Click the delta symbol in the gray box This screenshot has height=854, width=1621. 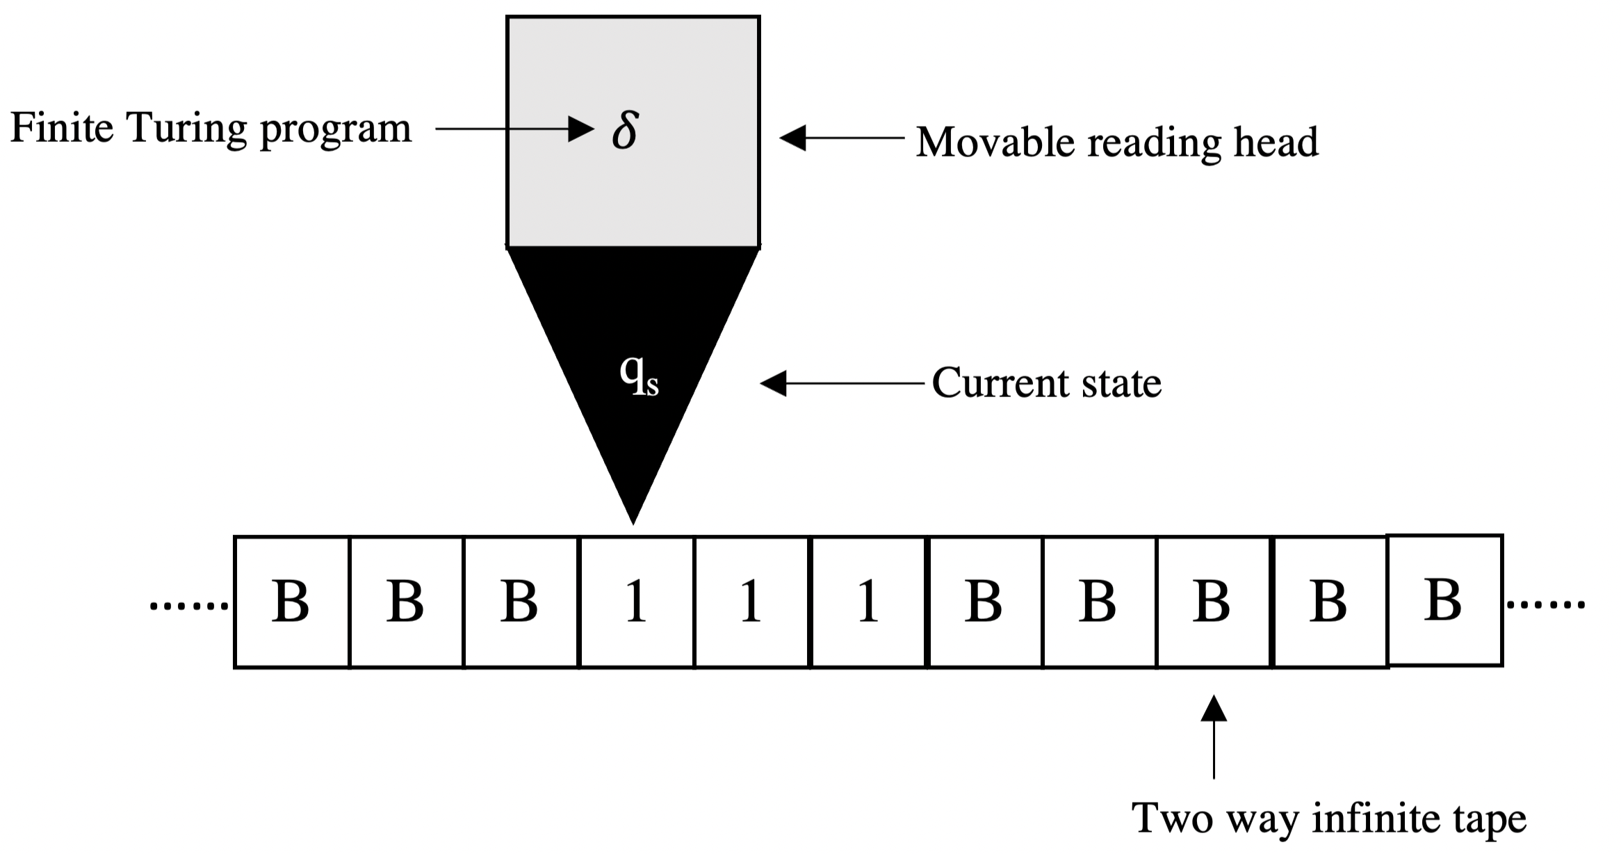(624, 130)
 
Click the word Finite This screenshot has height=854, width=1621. (61, 129)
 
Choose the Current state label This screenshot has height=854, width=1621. (1046, 383)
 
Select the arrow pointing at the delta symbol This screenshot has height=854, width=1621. (514, 129)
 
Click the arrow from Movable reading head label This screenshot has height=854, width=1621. (841, 138)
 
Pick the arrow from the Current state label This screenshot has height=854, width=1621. (841, 383)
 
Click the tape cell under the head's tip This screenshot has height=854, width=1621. (635, 602)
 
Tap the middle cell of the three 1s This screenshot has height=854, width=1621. (751, 602)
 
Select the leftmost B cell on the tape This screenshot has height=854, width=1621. (291, 602)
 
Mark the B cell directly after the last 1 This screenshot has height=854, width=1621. (984, 602)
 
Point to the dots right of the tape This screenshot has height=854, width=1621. (1545, 605)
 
